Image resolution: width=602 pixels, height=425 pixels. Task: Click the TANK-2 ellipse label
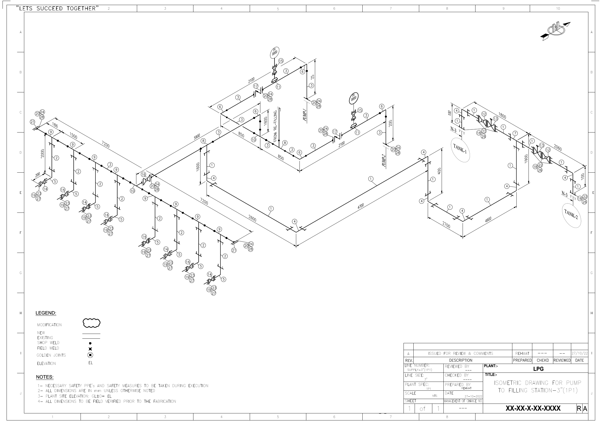[572, 215]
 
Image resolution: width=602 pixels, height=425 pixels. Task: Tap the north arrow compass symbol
[555, 30]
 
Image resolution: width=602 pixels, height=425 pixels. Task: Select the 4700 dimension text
[361, 206]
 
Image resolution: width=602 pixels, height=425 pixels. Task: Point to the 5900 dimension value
[197, 137]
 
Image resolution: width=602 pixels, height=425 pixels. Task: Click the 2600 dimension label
[252, 218]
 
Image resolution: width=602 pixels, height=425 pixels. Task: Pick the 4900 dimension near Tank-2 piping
[488, 220]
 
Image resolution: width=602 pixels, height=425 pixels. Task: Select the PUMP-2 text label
[384, 161]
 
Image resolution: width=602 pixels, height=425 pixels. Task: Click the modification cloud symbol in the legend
[91, 323]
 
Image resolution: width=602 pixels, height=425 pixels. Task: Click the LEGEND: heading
[46, 313]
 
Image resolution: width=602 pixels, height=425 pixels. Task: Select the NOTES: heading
[45, 377]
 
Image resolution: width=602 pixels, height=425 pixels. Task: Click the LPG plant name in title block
[538, 369]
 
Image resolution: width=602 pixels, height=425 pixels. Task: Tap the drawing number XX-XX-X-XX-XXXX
[533, 409]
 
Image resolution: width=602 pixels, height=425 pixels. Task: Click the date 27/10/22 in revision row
[580, 354]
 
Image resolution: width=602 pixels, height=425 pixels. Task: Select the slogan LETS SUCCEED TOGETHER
[57, 8]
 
